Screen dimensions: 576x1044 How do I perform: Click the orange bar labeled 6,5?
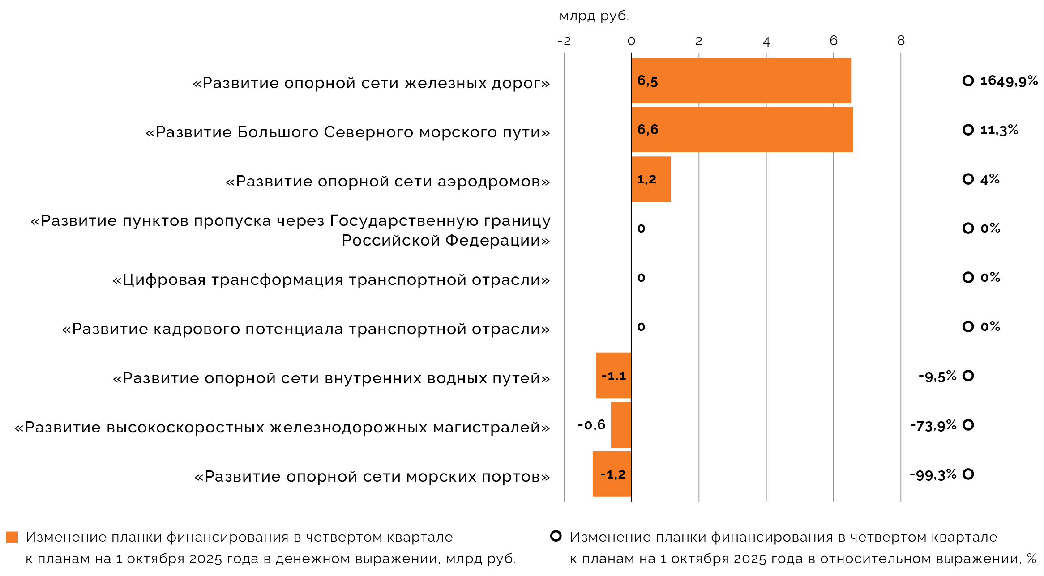point(741,80)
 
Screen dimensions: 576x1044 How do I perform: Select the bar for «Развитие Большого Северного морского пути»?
point(742,130)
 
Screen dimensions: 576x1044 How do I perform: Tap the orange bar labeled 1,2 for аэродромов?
point(651,179)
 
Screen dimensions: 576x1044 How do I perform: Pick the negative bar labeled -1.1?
point(613,376)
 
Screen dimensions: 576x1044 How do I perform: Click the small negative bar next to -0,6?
point(621,425)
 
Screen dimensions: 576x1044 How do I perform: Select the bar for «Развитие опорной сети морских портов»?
point(612,474)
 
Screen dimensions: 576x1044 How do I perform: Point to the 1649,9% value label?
point(1009,81)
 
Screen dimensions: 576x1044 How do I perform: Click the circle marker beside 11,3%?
point(968,130)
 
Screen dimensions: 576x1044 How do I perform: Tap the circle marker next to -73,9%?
point(968,425)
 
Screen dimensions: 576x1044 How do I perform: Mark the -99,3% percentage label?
point(933,474)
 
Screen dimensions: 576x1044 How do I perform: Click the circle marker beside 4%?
point(968,179)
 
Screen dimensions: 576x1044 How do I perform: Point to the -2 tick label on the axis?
point(564,41)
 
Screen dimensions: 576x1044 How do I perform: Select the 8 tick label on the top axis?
point(901,41)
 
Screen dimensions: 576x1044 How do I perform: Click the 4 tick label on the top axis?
point(766,42)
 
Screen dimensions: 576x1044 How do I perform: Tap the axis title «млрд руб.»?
point(594,16)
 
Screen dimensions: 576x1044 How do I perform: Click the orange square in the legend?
point(12,537)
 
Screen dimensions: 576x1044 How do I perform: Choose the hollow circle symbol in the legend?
point(556,536)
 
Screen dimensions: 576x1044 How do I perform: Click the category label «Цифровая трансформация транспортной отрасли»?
point(331,280)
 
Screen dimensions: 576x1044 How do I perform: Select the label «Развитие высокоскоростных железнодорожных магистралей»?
point(282,428)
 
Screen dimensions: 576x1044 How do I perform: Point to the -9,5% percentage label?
point(937,377)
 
